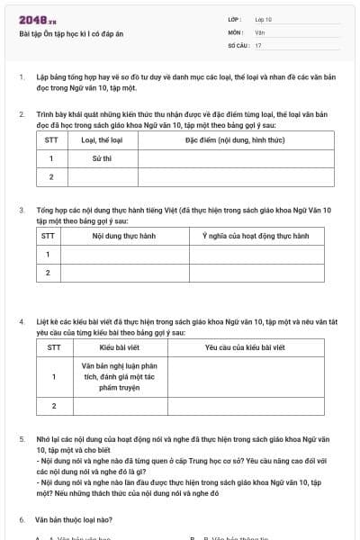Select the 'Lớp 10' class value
click(264, 19)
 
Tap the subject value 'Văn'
click(260, 31)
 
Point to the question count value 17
click(258, 44)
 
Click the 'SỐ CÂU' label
click(237, 44)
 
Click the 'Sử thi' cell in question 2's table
click(102, 157)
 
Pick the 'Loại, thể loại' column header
click(102, 140)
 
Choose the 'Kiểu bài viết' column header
click(118, 346)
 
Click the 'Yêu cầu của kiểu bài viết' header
click(245, 346)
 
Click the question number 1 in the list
click(22, 77)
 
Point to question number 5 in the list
click(22, 439)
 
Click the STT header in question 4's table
click(54, 346)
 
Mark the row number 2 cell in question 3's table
click(47, 272)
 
